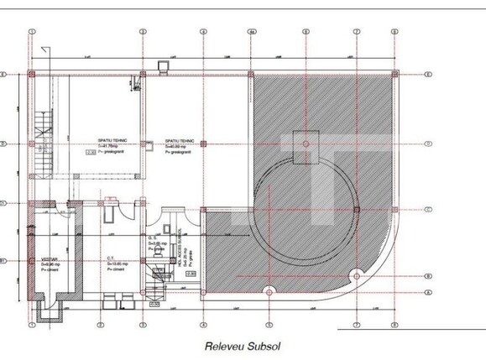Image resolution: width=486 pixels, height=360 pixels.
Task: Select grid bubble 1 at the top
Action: (x=31, y=33)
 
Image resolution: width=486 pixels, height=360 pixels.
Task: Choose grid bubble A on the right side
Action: (x=428, y=291)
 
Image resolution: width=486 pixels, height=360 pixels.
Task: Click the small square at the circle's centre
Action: (x=305, y=143)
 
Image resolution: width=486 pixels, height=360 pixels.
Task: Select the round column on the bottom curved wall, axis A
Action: (x=269, y=291)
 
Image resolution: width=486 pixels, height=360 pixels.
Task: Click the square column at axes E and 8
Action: (x=394, y=75)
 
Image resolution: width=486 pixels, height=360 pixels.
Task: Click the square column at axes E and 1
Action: (x=32, y=75)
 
